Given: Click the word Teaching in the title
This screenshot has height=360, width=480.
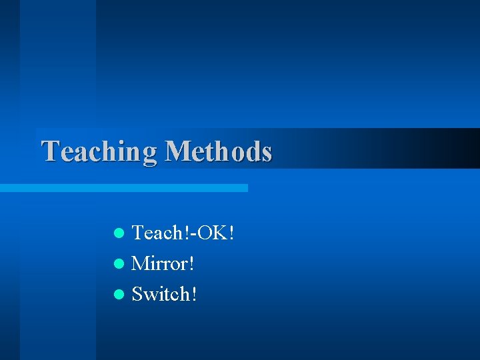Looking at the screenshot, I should [x=99, y=151].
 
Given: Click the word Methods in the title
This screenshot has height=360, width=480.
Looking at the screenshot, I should [x=218, y=151].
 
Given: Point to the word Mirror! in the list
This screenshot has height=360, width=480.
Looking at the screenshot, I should [x=163, y=263].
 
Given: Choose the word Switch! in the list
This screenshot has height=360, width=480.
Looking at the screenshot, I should [x=164, y=293].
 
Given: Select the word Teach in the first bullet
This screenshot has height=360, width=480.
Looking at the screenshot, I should [x=155, y=233].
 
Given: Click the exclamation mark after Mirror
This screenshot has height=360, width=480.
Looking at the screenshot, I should [x=192, y=263].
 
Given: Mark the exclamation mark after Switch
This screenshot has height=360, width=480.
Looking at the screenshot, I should [x=193, y=293].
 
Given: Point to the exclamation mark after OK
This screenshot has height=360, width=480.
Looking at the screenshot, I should [x=231, y=233].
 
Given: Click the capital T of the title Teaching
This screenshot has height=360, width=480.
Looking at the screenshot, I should [x=50, y=151].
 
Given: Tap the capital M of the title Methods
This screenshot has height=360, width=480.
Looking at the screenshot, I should [x=178, y=151].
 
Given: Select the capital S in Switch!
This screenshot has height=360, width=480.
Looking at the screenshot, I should [x=138, y=293].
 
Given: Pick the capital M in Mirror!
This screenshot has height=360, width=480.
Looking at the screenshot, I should [x=141, y=263].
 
